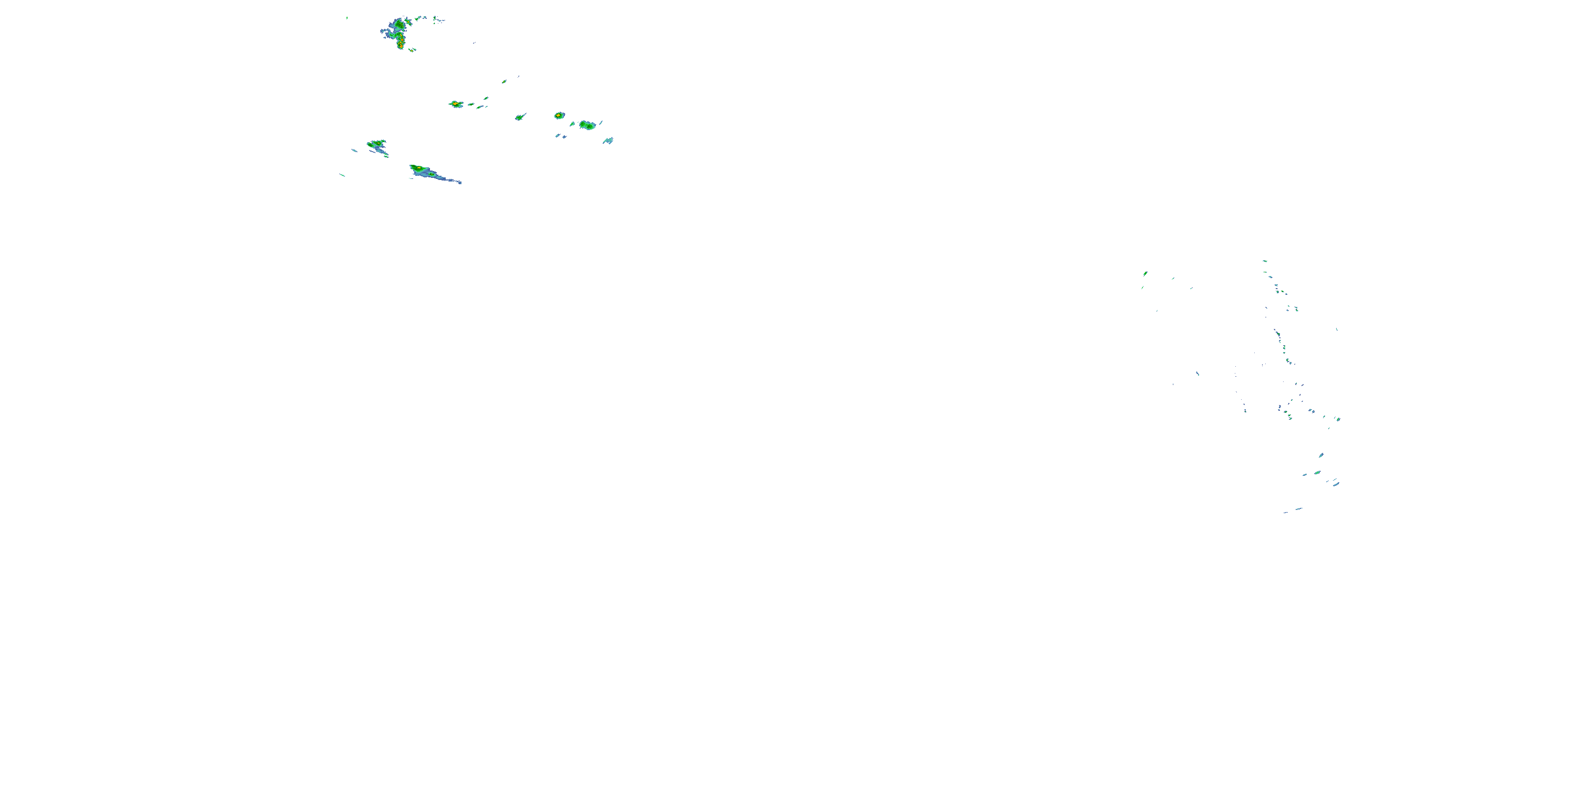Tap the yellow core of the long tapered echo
tap(416, 167)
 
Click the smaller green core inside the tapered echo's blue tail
tap(432, 175)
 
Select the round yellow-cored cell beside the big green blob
tap(559, 115)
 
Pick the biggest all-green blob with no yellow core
tap(587, 125)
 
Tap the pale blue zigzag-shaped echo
tap(608, 141)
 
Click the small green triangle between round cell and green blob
tap(573, 124)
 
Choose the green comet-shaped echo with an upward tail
tap(520, 116)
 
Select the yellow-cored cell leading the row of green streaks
tap(456, 104)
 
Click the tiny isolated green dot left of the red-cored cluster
tap(346, 18)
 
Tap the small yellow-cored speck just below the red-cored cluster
tap(412, 49)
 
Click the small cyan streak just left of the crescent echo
tap(354, 150)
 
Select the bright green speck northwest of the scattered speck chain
tap(1145, 273)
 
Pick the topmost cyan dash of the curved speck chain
tap(1264, 261)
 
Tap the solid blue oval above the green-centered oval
tap(1321, 455)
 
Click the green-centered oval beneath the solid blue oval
tap(1317, 472)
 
